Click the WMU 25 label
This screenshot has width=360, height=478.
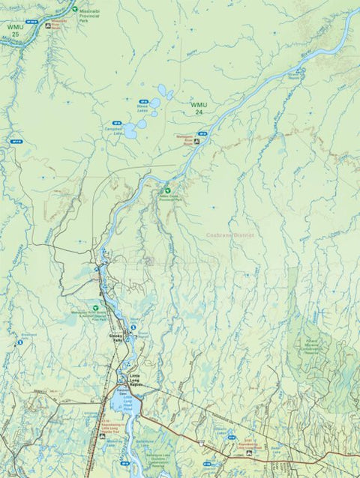14,31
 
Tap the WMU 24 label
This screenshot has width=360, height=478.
198,108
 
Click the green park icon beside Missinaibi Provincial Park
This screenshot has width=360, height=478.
74,10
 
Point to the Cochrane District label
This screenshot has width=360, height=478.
232,235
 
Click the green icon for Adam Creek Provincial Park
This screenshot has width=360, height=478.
167,191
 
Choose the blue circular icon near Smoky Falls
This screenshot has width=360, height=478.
133,327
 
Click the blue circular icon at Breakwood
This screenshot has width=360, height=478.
20,342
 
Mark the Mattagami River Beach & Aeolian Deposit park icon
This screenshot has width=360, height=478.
96,307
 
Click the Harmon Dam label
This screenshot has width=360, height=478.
122,390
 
